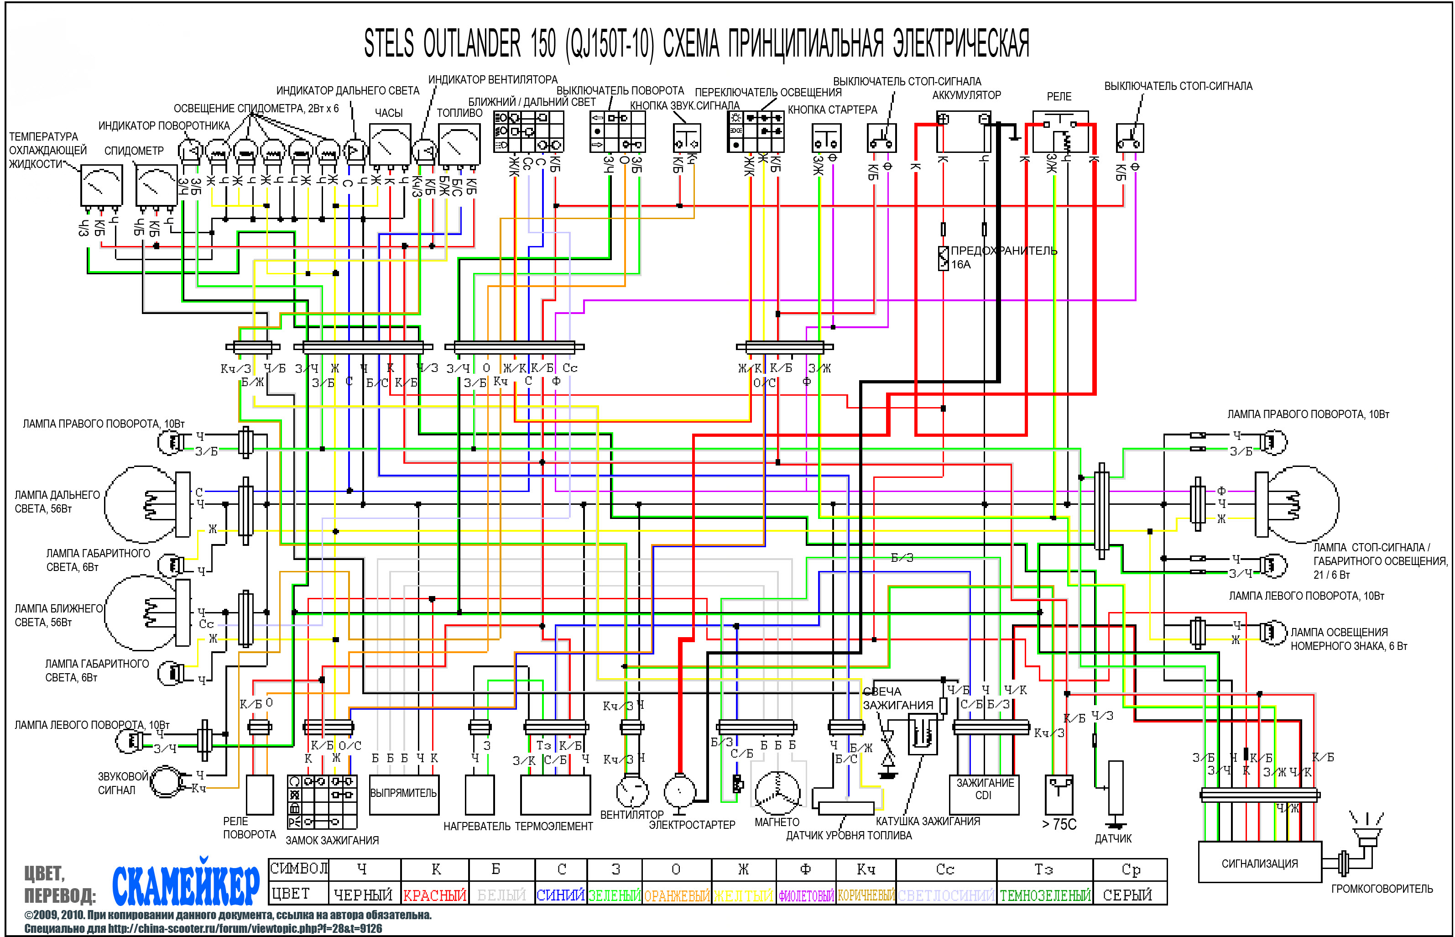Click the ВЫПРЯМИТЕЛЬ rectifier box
pos(403,793)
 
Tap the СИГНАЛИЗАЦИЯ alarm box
pos(1259,862)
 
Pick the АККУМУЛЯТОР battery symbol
pos(964,131)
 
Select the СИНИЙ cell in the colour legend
pos(560,895)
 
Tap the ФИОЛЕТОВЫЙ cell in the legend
pos(805,895)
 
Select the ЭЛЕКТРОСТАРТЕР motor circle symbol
pos(679,791)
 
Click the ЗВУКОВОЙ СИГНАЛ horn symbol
pos(166,782)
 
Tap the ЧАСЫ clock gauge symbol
pos(390,144)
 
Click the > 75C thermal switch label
pos(1059,824)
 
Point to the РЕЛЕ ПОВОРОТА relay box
pos(260,794)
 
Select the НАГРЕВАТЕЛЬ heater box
pos(480,794)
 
